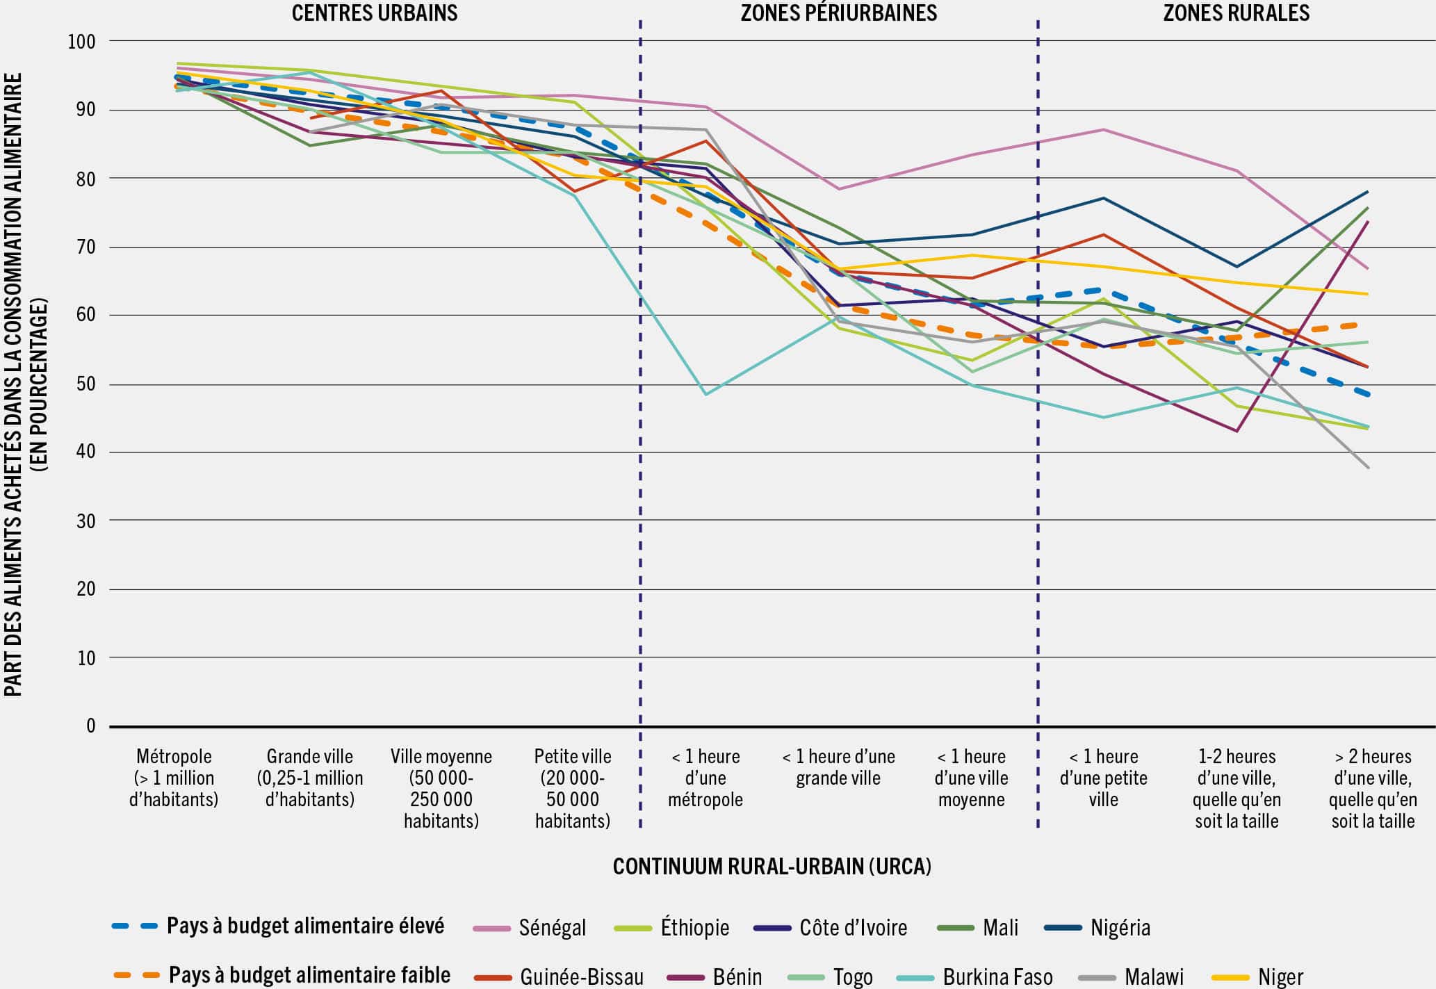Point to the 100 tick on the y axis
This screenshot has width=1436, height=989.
81,42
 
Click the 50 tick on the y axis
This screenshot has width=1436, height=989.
85,384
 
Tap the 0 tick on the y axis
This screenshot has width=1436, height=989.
90,726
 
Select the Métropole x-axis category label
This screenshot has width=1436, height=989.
174,778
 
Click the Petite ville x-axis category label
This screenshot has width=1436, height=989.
573,788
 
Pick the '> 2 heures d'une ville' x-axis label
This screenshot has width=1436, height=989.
1373,788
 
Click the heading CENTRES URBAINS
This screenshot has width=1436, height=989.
374,13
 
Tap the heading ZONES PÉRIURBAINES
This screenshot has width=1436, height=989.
838,13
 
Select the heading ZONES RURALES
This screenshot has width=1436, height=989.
1236,13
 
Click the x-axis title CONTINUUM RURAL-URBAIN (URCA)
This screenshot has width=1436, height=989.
772,867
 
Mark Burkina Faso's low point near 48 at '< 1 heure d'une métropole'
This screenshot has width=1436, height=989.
705,395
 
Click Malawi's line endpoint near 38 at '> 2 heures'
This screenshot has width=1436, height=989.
1368,468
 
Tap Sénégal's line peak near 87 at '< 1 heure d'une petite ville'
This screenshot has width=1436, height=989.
1104,129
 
